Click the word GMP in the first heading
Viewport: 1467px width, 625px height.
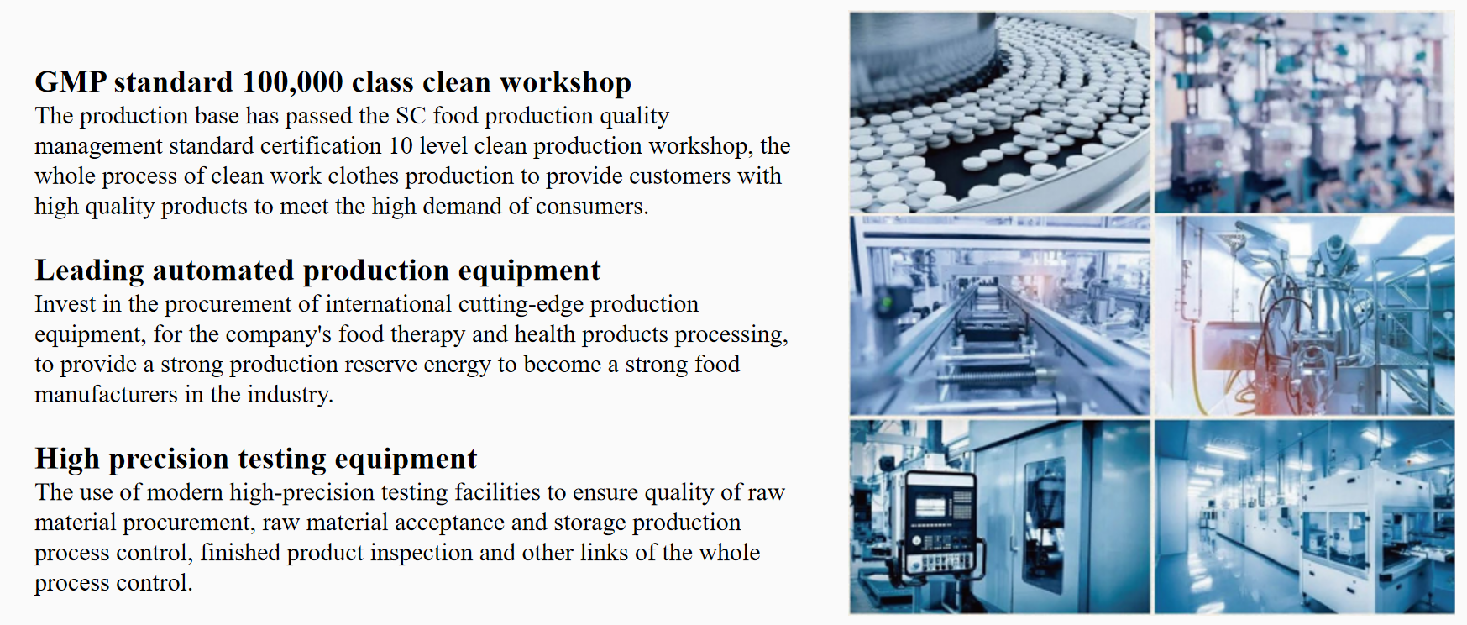click(x=71, y=82)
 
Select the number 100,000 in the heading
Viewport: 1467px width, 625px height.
click(x=292, y=82)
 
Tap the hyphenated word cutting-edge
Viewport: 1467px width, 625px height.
click(x=521, y=304)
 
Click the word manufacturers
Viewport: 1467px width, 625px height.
click(x=106, y=394)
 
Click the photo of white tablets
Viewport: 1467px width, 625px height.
click(x=999, y=112)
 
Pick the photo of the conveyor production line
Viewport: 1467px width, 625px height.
click(x=999, y=315)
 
